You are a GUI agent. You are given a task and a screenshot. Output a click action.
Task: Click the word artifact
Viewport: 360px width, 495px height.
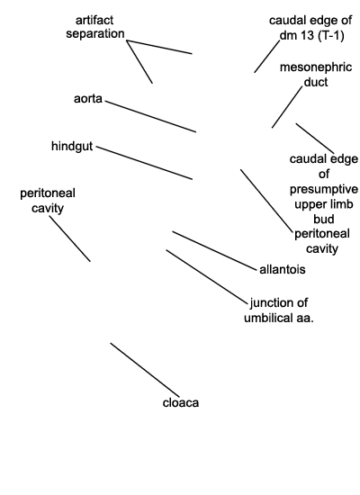[x=94, y=20]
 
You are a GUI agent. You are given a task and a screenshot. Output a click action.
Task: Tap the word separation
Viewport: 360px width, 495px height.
[x=95, y=34]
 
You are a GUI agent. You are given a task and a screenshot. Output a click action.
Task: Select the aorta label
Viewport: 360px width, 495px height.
[x=88, y=99]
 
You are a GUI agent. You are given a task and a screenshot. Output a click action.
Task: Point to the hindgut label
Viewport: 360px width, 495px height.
[x=72, y=146]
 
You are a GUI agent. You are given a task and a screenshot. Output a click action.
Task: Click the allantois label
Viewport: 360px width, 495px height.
[x=283, y=270]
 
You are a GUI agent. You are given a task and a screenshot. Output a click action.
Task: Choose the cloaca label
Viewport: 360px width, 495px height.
[x=181, y=403]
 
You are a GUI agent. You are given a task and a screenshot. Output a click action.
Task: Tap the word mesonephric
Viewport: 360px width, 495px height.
[x=316, y=67]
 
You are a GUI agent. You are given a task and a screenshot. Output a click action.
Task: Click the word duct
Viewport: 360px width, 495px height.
[x=316, y=82]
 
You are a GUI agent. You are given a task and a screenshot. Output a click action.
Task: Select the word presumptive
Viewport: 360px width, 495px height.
[x=324, y=189]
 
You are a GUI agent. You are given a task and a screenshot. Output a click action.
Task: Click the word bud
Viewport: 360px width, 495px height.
[x=324, y=219]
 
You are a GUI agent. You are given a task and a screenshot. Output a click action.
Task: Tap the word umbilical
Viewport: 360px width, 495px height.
[x=269, y=318]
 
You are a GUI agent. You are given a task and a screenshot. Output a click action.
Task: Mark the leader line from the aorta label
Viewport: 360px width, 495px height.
[x=150, y=116]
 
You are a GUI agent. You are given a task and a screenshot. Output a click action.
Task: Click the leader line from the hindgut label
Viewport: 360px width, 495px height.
[x=144, y=163]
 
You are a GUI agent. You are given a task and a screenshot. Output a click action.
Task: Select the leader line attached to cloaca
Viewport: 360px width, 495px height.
[x=145, y=370]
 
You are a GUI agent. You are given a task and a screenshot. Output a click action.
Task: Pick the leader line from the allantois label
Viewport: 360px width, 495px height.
[x=214, y=251]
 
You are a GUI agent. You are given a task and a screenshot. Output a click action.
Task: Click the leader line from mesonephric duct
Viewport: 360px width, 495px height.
[x=287, y=107]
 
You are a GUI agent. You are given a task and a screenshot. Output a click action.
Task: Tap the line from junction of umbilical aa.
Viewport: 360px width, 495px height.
[x=207, y=277]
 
